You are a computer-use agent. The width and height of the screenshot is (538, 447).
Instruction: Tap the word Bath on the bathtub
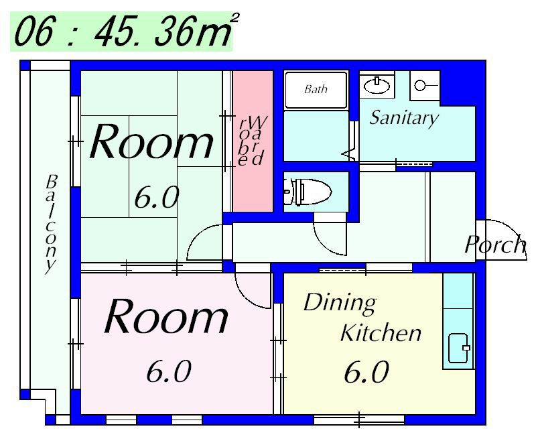(316, 89)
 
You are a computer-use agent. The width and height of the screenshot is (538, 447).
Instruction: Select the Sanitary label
(404, 118)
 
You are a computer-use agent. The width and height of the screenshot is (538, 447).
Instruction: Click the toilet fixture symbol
(308, 192)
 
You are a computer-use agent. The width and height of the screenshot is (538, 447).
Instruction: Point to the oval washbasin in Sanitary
(377, 85)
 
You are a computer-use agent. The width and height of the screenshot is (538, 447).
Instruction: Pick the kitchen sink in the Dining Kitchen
(458, 348)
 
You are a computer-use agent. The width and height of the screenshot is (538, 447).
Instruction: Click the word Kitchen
(381, 332)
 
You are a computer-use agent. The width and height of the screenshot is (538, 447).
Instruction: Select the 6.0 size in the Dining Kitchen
(366, 372)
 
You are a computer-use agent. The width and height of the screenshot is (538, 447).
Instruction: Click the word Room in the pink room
(166, 316)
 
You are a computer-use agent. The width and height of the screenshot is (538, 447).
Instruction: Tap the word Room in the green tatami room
(151, 141)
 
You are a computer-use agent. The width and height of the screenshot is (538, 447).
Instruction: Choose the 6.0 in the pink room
(168, 371)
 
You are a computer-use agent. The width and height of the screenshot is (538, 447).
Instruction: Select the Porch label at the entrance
(495, 245)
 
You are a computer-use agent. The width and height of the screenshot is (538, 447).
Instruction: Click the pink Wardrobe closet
(253, 141)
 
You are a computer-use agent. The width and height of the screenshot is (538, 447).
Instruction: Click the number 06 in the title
(33, 32)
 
